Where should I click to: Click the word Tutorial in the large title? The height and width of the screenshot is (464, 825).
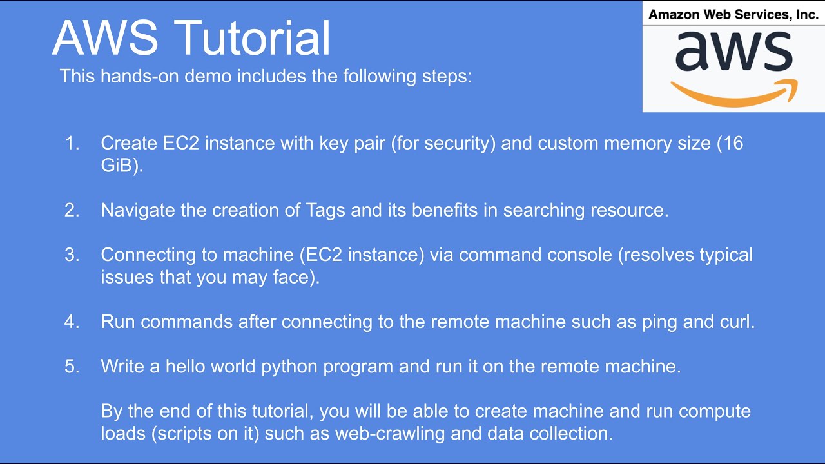[253, 37]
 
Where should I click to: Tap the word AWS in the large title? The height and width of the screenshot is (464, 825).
[104, 37]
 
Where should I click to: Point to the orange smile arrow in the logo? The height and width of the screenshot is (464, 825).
[734, 93]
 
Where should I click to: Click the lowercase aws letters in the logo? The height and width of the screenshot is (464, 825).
[733, 51]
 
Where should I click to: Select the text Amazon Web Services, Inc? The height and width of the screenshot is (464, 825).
[733, 14]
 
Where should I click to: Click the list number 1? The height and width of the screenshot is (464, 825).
[72, 143]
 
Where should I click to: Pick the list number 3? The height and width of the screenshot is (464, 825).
[72, 255]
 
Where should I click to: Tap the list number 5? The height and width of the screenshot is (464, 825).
[72, 367]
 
